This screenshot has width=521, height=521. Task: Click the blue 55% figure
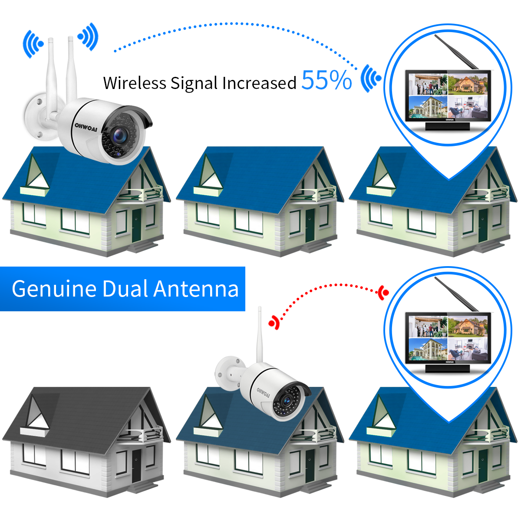326,80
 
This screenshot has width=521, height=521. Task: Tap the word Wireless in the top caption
134,83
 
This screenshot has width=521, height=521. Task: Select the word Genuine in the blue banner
54,289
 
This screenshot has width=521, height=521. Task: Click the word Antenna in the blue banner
196,289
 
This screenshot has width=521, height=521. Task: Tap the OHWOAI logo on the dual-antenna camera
86,127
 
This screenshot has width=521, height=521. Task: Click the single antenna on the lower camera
260,335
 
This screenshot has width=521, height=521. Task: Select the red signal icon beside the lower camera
274,322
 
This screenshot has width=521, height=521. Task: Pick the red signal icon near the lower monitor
384,293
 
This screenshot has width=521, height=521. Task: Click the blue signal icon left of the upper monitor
371,79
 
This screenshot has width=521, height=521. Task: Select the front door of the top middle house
310,225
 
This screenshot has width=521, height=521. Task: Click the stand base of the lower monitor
448,369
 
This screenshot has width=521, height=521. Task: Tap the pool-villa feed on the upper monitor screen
428,107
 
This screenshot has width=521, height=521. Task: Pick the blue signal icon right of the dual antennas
88,36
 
